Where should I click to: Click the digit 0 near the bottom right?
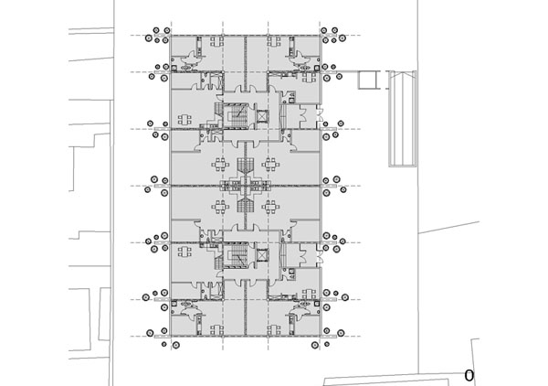(x=469, y=376)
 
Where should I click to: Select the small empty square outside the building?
(x=368, y=80)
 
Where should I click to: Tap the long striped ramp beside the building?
(x=403, y=119)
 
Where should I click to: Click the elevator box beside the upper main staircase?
(x=262, y=115)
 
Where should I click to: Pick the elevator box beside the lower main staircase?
(x=262, y=255)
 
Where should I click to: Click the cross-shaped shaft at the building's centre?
(x=246, y=186)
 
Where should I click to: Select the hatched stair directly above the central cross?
(x=246, y=166)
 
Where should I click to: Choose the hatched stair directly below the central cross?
(x=246, y=205)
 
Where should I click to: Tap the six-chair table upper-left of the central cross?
(x=220, y=164)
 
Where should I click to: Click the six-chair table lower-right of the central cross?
(x=270, y=207)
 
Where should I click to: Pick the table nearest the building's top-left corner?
(x=217, y=42)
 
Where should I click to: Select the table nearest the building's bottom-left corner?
(x=217, y=329)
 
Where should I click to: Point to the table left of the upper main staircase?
(x=184, y=120)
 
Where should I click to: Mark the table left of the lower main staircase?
(x=184, y=252)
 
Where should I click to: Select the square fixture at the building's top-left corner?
(x=174, y=67)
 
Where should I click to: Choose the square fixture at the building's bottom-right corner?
(x=317, y=304)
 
